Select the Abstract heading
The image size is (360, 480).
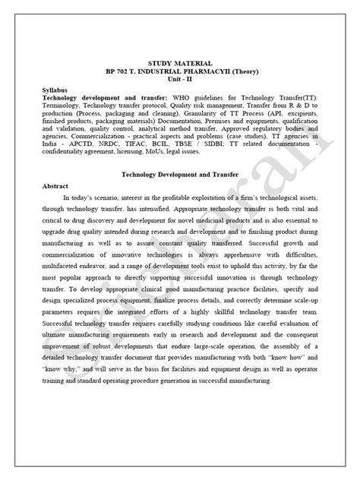pyautogui.click(x=56, y=185)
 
